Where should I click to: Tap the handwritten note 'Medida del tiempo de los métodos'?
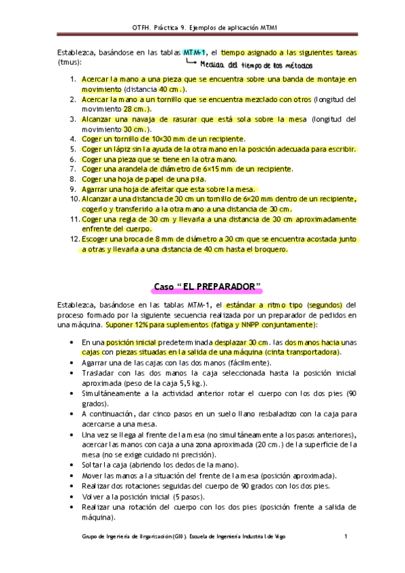(256, 66)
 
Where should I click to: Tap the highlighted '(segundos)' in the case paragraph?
(325, 305)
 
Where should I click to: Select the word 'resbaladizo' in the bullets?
(260, 414)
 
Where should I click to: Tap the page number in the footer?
(346, 537)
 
